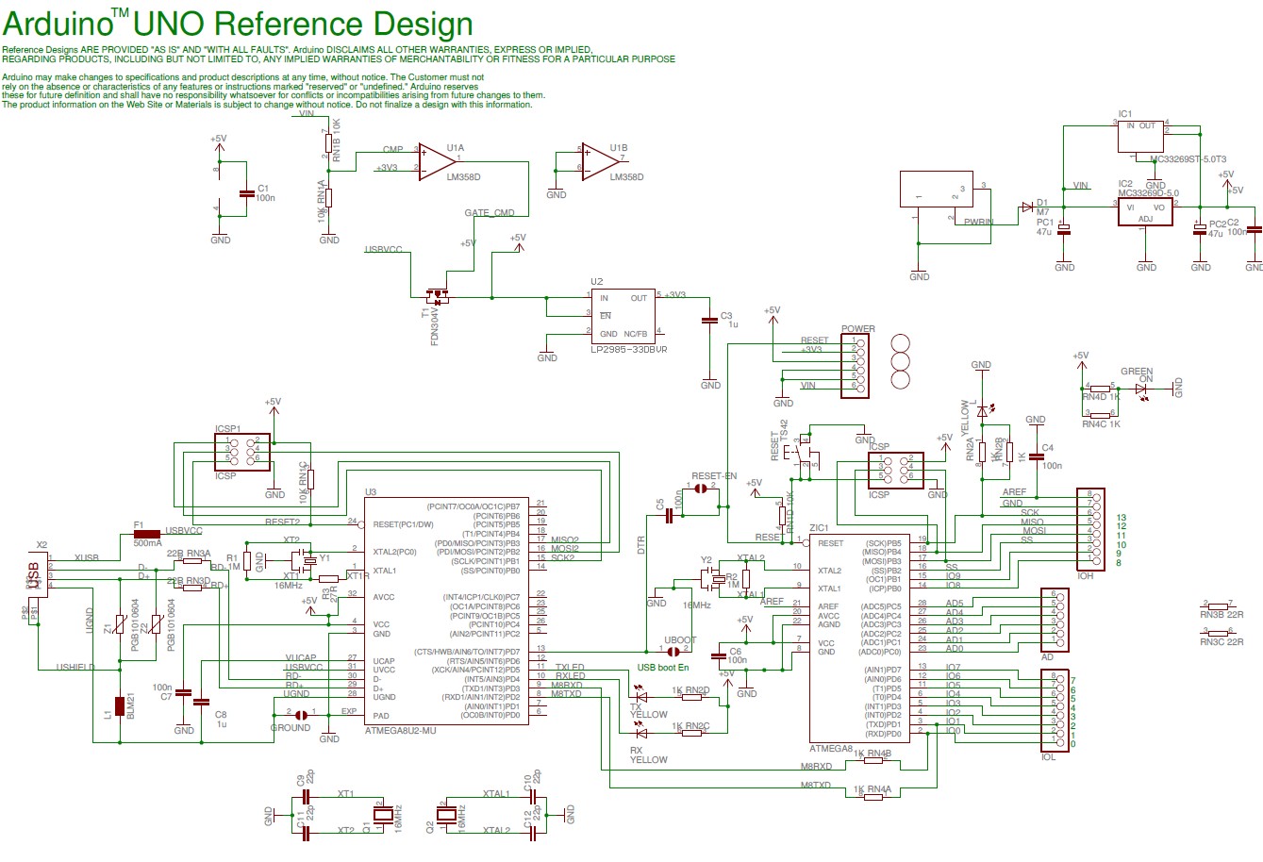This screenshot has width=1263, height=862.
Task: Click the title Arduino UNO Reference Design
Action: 238,24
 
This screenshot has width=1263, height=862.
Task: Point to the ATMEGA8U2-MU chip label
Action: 401,730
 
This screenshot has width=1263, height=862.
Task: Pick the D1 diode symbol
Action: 1027,207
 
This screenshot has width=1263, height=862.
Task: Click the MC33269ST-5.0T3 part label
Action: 1188,159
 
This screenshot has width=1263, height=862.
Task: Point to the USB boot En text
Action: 663,668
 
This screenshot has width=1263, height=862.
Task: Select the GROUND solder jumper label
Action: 290,727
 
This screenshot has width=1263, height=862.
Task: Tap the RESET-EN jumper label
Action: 713,476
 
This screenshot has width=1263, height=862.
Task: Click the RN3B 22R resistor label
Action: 1221,614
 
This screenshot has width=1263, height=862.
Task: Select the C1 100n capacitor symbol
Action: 246,193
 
